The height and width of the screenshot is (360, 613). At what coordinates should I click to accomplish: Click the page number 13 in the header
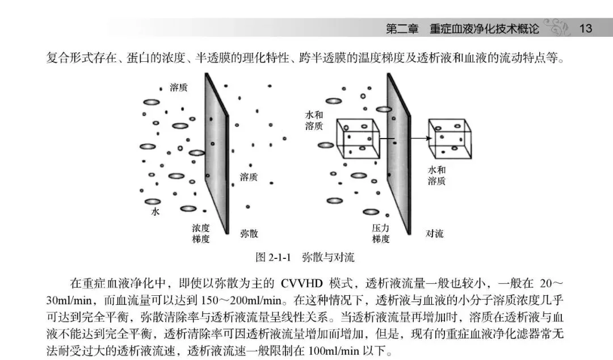[585, 28]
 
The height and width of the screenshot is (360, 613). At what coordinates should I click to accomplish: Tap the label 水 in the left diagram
[156, 212]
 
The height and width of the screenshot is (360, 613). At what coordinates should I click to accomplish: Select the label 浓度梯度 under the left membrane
[201, 233]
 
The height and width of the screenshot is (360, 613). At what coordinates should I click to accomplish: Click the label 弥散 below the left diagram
[250, 233]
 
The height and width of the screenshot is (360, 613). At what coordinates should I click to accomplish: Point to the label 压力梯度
[381, 233]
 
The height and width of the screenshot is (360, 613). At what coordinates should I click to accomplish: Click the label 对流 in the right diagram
[435, 233]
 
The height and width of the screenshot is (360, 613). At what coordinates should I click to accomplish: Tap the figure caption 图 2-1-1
[273, 257]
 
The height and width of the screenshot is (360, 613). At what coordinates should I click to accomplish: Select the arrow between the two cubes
[404, 138]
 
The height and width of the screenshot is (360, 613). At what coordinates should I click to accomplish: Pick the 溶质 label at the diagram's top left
[179, 88]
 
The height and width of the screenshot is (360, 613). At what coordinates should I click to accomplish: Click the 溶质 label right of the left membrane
[249, 177]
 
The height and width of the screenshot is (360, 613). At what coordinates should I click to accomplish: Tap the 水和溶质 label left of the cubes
[314, 120]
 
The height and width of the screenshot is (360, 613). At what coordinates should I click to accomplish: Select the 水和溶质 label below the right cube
[436, 175]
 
